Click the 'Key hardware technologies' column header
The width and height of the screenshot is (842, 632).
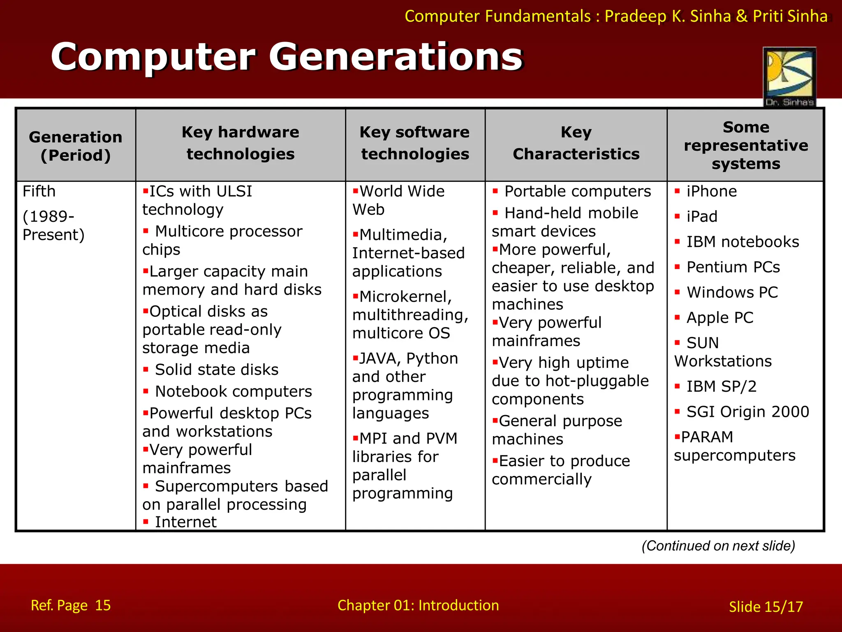click(241, 143)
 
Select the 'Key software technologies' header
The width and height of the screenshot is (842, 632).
click(415, 143)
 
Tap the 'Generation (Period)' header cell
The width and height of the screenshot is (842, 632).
click(76, 146)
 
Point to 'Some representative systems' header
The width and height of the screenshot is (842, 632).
click(746, 145)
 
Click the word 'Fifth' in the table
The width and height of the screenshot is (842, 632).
click(39, 192)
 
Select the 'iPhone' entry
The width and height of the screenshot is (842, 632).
click(712, 192)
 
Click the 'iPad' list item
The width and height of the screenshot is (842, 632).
click(702, 217)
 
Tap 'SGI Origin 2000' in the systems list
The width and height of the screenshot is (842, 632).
click(747, 412)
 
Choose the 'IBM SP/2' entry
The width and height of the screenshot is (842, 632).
click(721, 387)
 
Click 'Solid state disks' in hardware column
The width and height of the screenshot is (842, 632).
click(217, 370)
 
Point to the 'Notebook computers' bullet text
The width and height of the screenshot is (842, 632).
click(234, 392)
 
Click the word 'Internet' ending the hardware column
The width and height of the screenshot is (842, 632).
click(185, 522)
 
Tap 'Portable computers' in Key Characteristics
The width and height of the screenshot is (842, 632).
click(578, 192)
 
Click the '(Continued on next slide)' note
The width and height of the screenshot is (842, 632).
click(718, 546)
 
